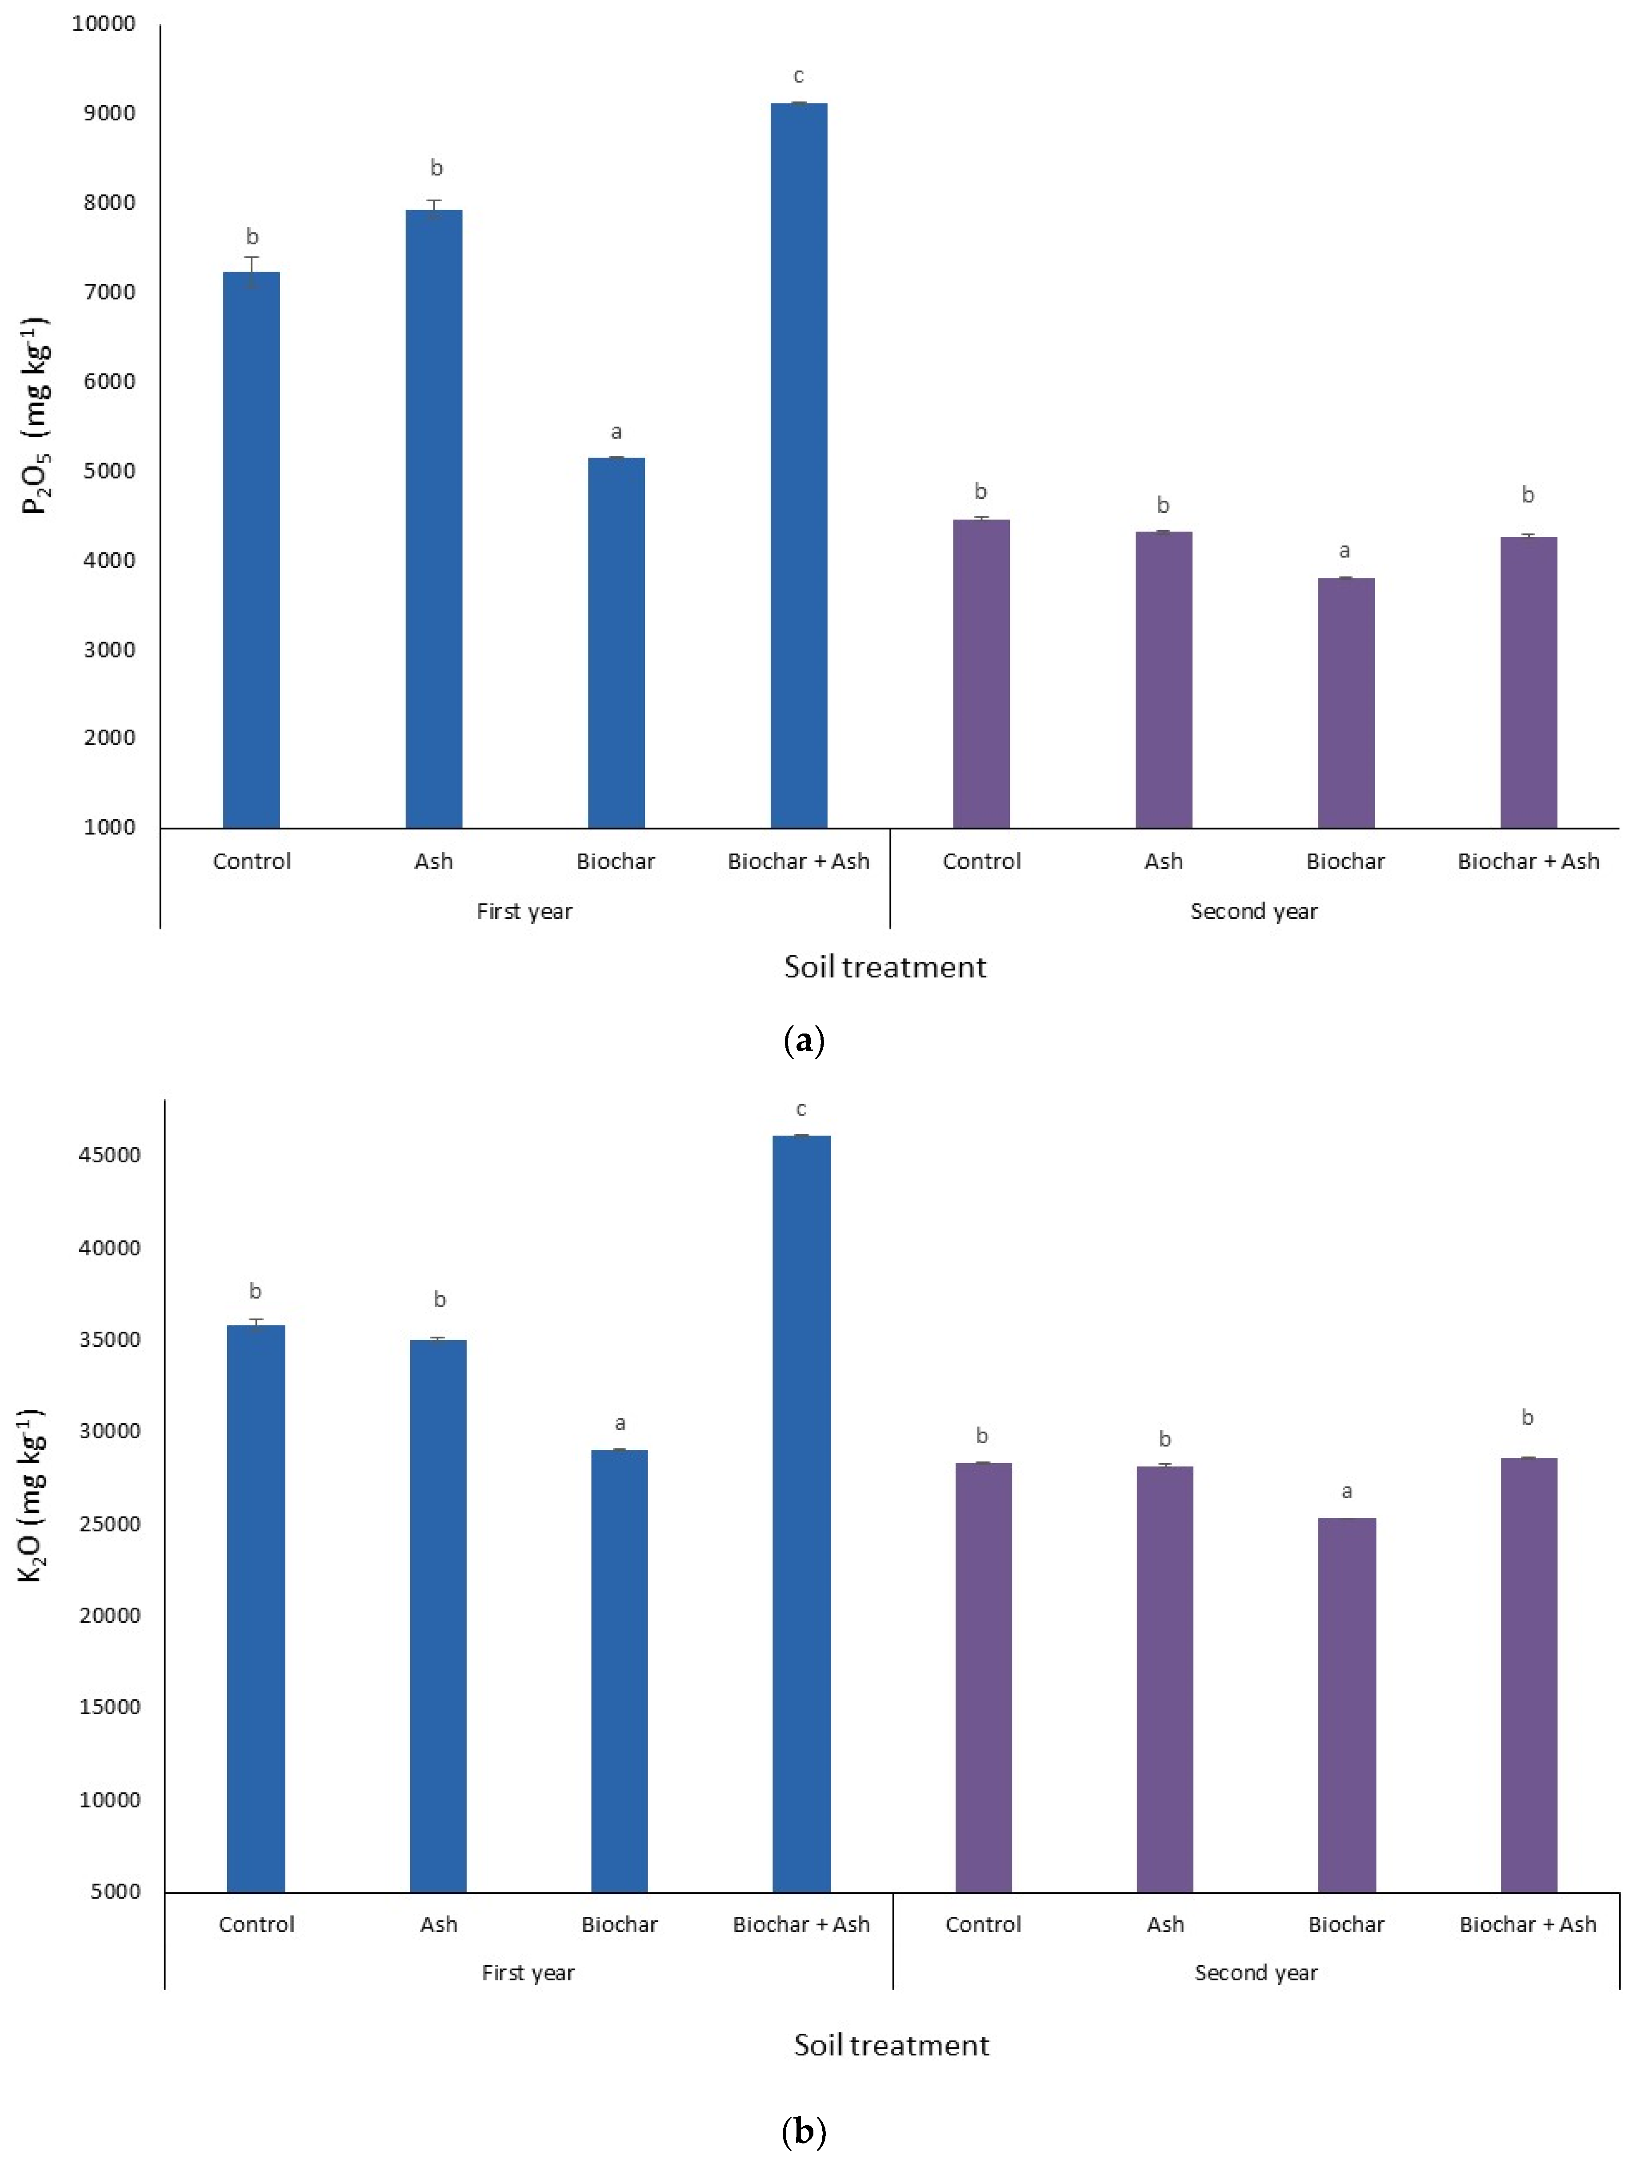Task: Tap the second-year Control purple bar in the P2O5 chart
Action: (x=981, y=674)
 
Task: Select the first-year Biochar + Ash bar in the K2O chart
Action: (x=801, y=1513)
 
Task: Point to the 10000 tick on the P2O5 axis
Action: (x=104, y=24)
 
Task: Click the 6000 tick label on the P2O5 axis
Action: (x=109, y=382)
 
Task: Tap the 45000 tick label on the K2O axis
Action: (x=109, y=1155)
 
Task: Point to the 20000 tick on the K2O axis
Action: (x=109, y=1615)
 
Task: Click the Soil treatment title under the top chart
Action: (x=885, y=967)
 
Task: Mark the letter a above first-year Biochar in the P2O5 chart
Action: (x=616, y=431)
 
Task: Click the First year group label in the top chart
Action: (x=524, y=912)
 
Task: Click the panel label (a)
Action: (x=804, y=1042)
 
